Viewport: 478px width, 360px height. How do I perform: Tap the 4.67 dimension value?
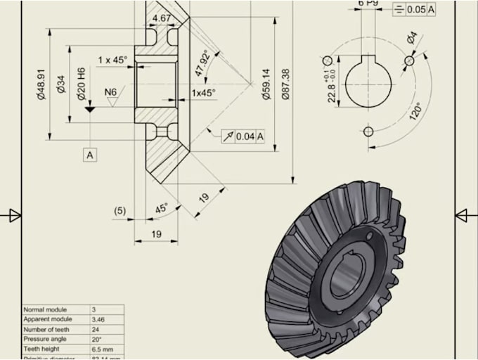point(162,18)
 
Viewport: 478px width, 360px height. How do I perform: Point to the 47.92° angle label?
point(201,64)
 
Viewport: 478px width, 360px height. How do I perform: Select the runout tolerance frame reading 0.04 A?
point(243,136)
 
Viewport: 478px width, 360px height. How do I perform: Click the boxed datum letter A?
point(89,154)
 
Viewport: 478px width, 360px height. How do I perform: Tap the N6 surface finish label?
point(110,92)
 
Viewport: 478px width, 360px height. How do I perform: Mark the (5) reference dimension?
point(120,210)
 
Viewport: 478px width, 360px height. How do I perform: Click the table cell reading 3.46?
point(98,319)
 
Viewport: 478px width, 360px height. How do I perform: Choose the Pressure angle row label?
point(45,338)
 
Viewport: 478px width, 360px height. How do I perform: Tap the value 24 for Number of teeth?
point(95,328)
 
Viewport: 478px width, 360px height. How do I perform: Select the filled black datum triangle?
point(89,110)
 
